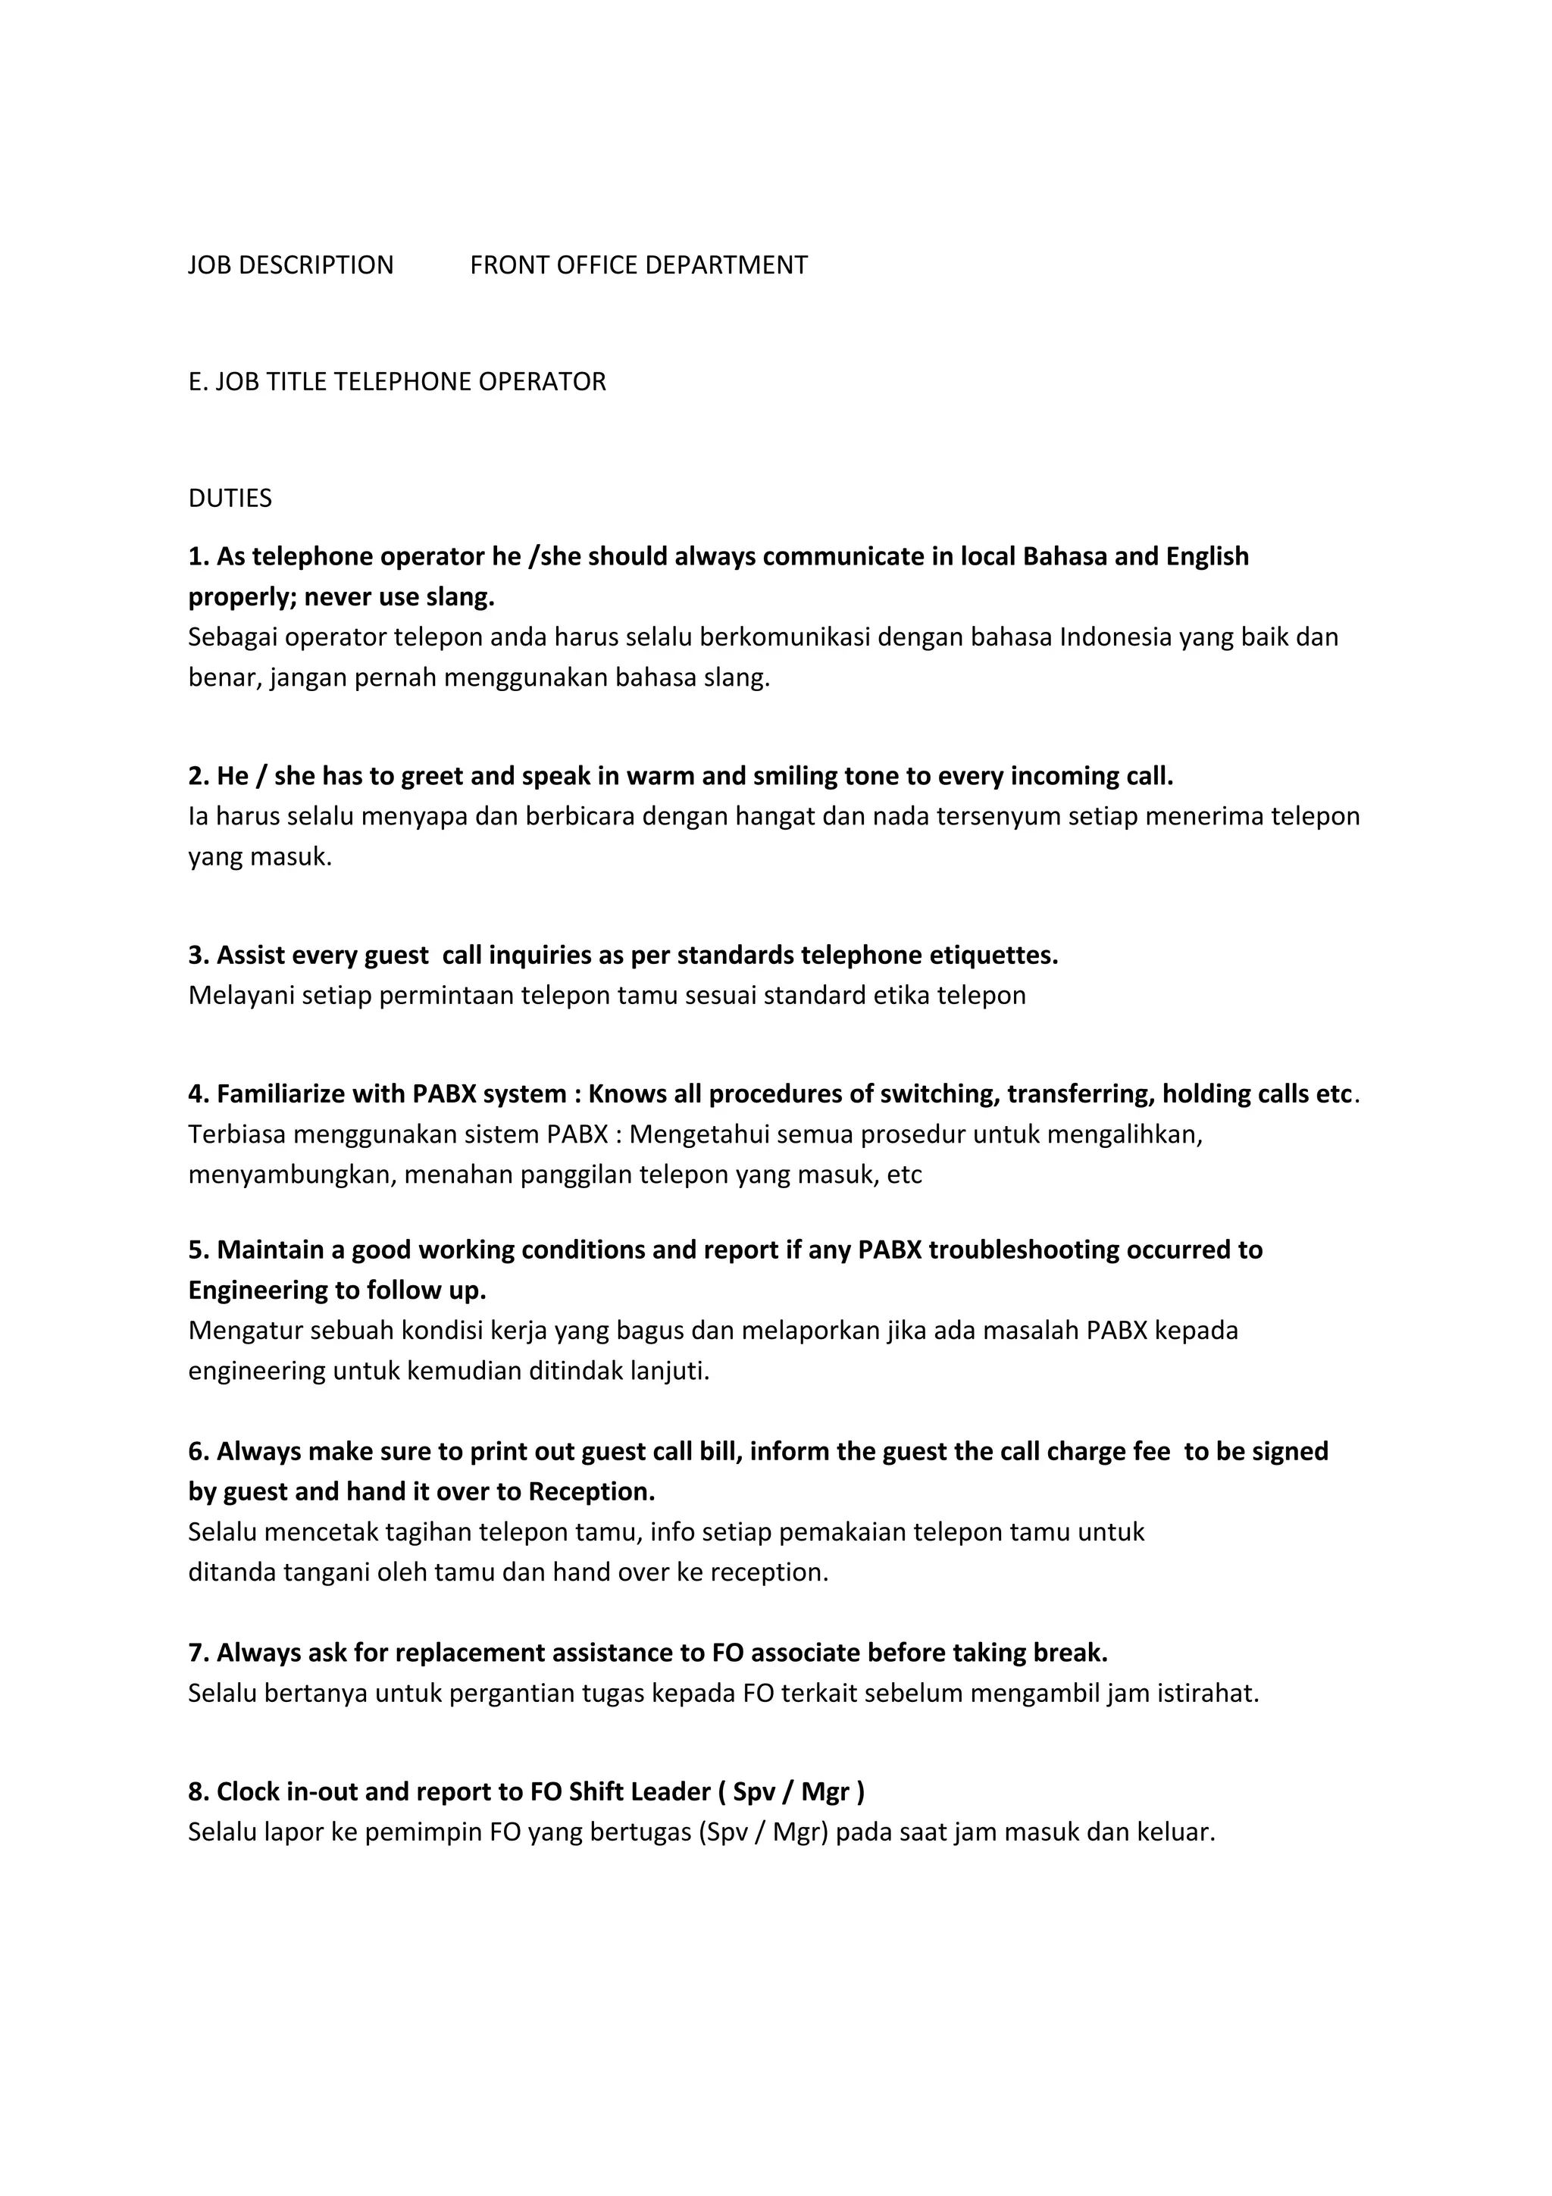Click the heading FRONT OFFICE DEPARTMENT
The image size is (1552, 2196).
click(x=638, y=265)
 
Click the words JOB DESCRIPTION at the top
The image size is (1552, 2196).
click(x=291, y=265)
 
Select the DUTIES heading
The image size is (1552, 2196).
click(x=230, y=499)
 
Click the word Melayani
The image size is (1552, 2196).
click(x=241, y=996)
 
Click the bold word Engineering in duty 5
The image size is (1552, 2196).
click(x=257, y=1290)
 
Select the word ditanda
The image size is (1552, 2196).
click(x=231, y=1572)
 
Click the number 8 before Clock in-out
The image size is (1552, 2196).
click(x=196, y=1791)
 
